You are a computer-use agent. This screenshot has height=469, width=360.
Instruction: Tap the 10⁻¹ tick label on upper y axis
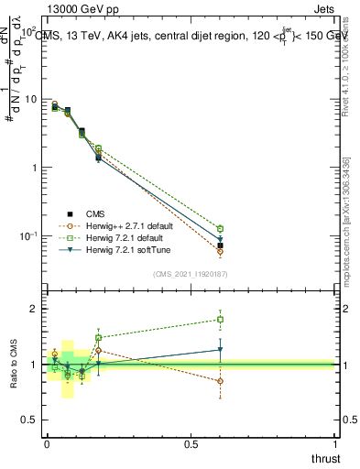(27, 236)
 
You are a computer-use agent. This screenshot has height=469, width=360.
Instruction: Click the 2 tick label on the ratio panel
(35, 309)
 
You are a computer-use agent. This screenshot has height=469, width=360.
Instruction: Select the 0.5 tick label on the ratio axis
(30, 420)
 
